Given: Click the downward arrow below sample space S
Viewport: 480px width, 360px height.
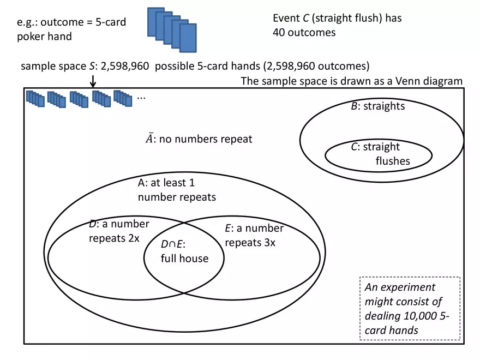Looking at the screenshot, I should pos(93,81).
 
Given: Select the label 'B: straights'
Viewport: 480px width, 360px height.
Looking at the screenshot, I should pos(377,106).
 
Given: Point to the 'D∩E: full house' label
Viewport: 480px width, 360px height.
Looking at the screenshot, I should pos(184,251).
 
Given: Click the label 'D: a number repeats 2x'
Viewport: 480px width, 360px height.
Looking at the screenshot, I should pos(119,231).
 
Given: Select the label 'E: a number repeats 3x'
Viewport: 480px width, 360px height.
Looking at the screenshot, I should pos(254,236).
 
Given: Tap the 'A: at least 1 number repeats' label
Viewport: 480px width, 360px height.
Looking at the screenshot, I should pos(177,190).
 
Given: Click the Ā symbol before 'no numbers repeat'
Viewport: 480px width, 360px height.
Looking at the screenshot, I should pos(149,139).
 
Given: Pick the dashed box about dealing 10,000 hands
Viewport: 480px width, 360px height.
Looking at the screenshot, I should pos(410,308).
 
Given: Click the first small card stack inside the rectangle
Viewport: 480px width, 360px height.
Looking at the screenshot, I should pos(35,99).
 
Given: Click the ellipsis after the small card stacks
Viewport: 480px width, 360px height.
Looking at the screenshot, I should pos(141,97).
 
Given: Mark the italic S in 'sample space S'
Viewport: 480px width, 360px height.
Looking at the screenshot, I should pos(92,67).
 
